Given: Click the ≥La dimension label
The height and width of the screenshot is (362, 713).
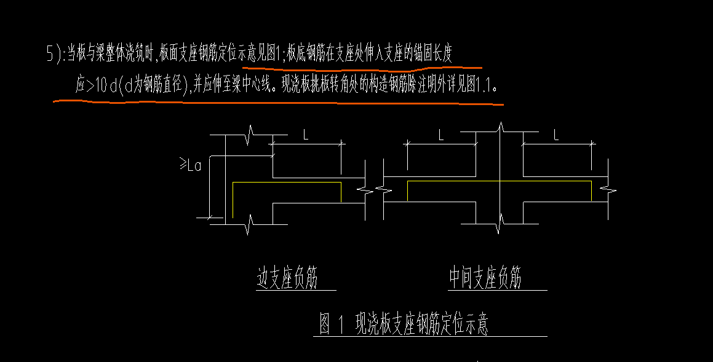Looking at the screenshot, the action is [191, 165].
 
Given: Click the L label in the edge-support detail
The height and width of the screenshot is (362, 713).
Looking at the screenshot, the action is [306, 135].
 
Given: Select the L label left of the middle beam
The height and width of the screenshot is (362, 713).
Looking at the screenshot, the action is [440, 135].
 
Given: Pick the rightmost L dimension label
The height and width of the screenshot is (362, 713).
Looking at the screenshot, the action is [556, 135].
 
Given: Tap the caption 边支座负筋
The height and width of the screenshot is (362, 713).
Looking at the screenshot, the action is [287, 277].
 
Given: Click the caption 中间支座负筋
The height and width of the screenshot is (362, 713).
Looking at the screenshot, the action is [485, 277].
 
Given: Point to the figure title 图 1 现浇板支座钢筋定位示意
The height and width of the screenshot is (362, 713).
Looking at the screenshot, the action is [404, 324].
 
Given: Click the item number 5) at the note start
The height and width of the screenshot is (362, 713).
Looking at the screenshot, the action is [55, 53].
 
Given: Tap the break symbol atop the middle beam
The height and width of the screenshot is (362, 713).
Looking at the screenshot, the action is [500, 128].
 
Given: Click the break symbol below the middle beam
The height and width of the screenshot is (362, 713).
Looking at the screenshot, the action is [500, 224].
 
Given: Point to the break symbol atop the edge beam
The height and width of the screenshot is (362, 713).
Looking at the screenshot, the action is [249, 135].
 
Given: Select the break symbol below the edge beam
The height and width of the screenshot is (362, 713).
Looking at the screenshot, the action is [249, 224].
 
